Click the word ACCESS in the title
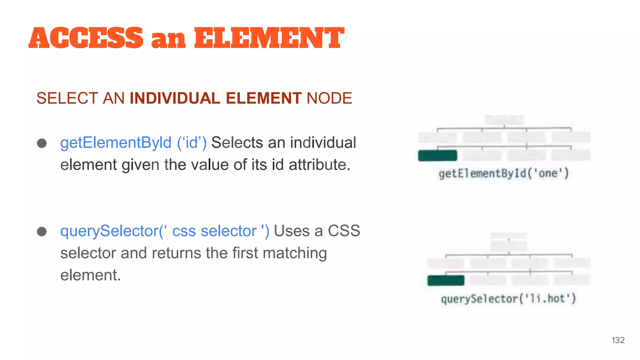(x=86, y=38)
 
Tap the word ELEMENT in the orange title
(x=269, y=38)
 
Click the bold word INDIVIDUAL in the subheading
(x=175, y=98)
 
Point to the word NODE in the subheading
(x=329, y=98)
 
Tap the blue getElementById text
(x=116, y=143)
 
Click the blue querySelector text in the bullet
(x=110, y=231)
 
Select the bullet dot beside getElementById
(x=42, y=143)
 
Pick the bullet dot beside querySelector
(x=42, y=232)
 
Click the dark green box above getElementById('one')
(x=437, y=155)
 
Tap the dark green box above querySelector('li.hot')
(x=446, y=280)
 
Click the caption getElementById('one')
(x=503, y=173)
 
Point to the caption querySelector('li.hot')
(x=508, y=299)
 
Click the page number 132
(x=618, y=340)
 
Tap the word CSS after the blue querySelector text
(x=344, y=231)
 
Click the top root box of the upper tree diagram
(x=504, y=120)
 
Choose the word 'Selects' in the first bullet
(x=237, y=143)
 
